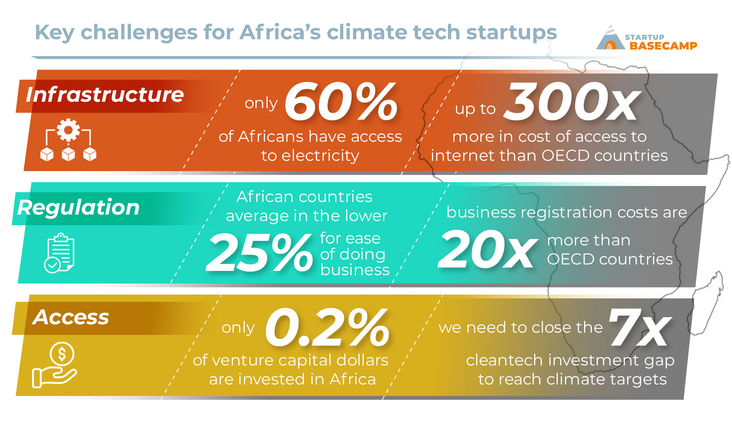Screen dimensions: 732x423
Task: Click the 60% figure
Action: pyautogui.click(x=341, y=102)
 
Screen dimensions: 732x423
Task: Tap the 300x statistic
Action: pyautogui.click(x=572, y=102)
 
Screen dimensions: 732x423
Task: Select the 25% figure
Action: pyautogui.click(x=259, y=252)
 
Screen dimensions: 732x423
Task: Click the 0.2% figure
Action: pyautogui.click(x=327, y=327)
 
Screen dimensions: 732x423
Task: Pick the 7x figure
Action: pyautogui.click(x=640, y=327)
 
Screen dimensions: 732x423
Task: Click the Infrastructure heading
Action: pyautogui.click(x=105, y=95)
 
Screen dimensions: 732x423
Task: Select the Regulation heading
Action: pyautogui.click(x=79, y=208)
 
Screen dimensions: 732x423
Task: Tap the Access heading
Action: pyautogui.click(x=71, y=317)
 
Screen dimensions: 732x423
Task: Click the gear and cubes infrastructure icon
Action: pyautogui.click(x=68, y=140)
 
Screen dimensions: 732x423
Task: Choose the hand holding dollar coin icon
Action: pyautogui.click(x=55, y=365)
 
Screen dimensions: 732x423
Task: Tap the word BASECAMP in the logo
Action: pyautogui.click(x=663, y=46)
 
